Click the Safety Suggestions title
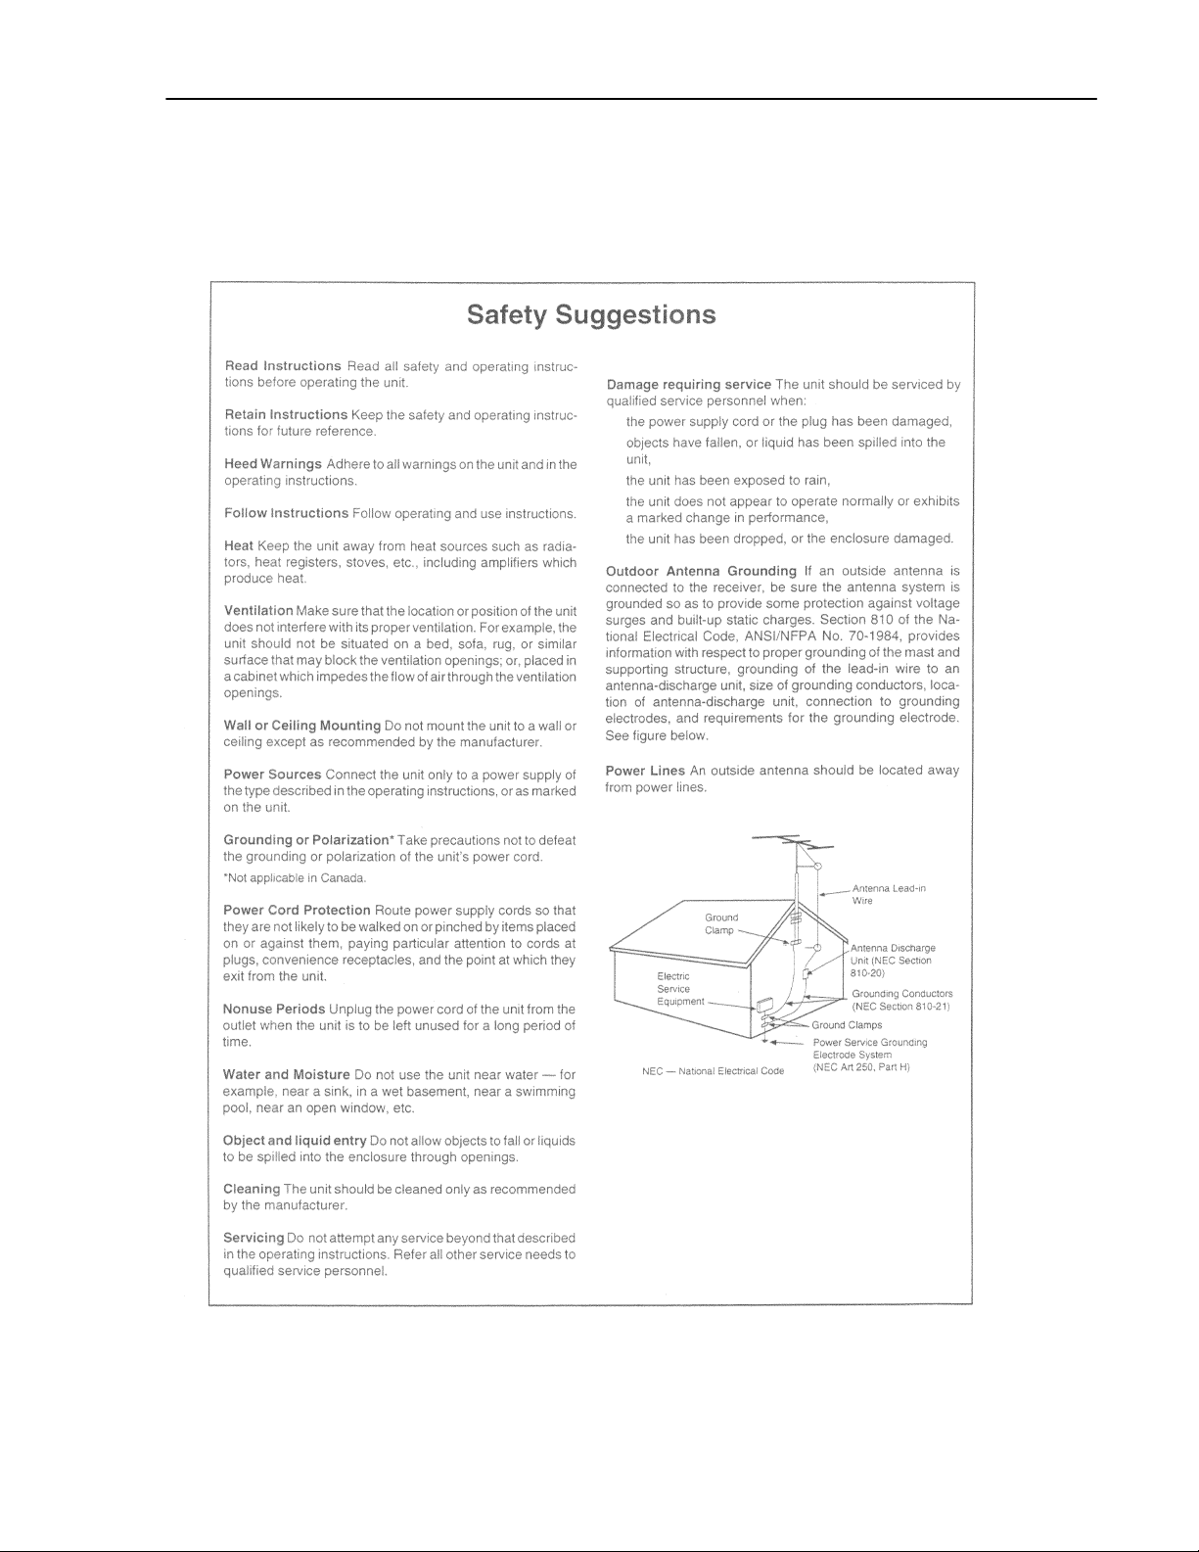coord(591,315)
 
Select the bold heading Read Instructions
coord(282,366)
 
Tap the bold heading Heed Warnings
coord(273,464)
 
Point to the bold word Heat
coord(239,546)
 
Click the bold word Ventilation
coord(258,611)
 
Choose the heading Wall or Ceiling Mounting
coord(301,726)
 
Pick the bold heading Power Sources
coord(272,775)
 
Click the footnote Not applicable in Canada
coord(282,877)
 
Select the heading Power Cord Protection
coord(297,911)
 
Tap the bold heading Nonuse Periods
coord(274,1010)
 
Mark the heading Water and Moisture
coord(286,1075)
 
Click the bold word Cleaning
coord(252,1190)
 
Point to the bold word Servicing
coord(254,1239)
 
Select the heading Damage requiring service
coord(688,385)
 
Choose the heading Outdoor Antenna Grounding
coord(701,571)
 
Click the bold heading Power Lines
coord(645,771)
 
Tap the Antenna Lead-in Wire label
coord(889,894)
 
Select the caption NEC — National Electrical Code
coord(713,1071)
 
